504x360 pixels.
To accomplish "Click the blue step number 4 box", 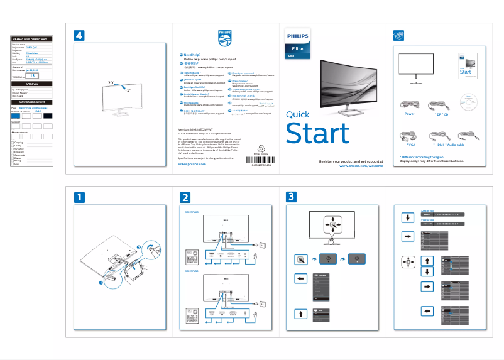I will coord(79,36).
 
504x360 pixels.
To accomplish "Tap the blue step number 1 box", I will coord(79,197).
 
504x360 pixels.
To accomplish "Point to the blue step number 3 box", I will coord(291,197).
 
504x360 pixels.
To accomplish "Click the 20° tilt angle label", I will coord(111,82).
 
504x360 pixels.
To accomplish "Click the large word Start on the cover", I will coord(317,133).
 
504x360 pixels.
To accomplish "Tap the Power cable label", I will coord(409,114).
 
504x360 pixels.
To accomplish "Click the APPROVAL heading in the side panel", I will coord(32,84).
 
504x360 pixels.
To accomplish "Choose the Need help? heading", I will coord(192,55).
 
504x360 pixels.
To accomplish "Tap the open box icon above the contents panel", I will coord(396,35).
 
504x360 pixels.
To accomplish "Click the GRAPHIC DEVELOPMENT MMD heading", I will coord(32,40).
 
